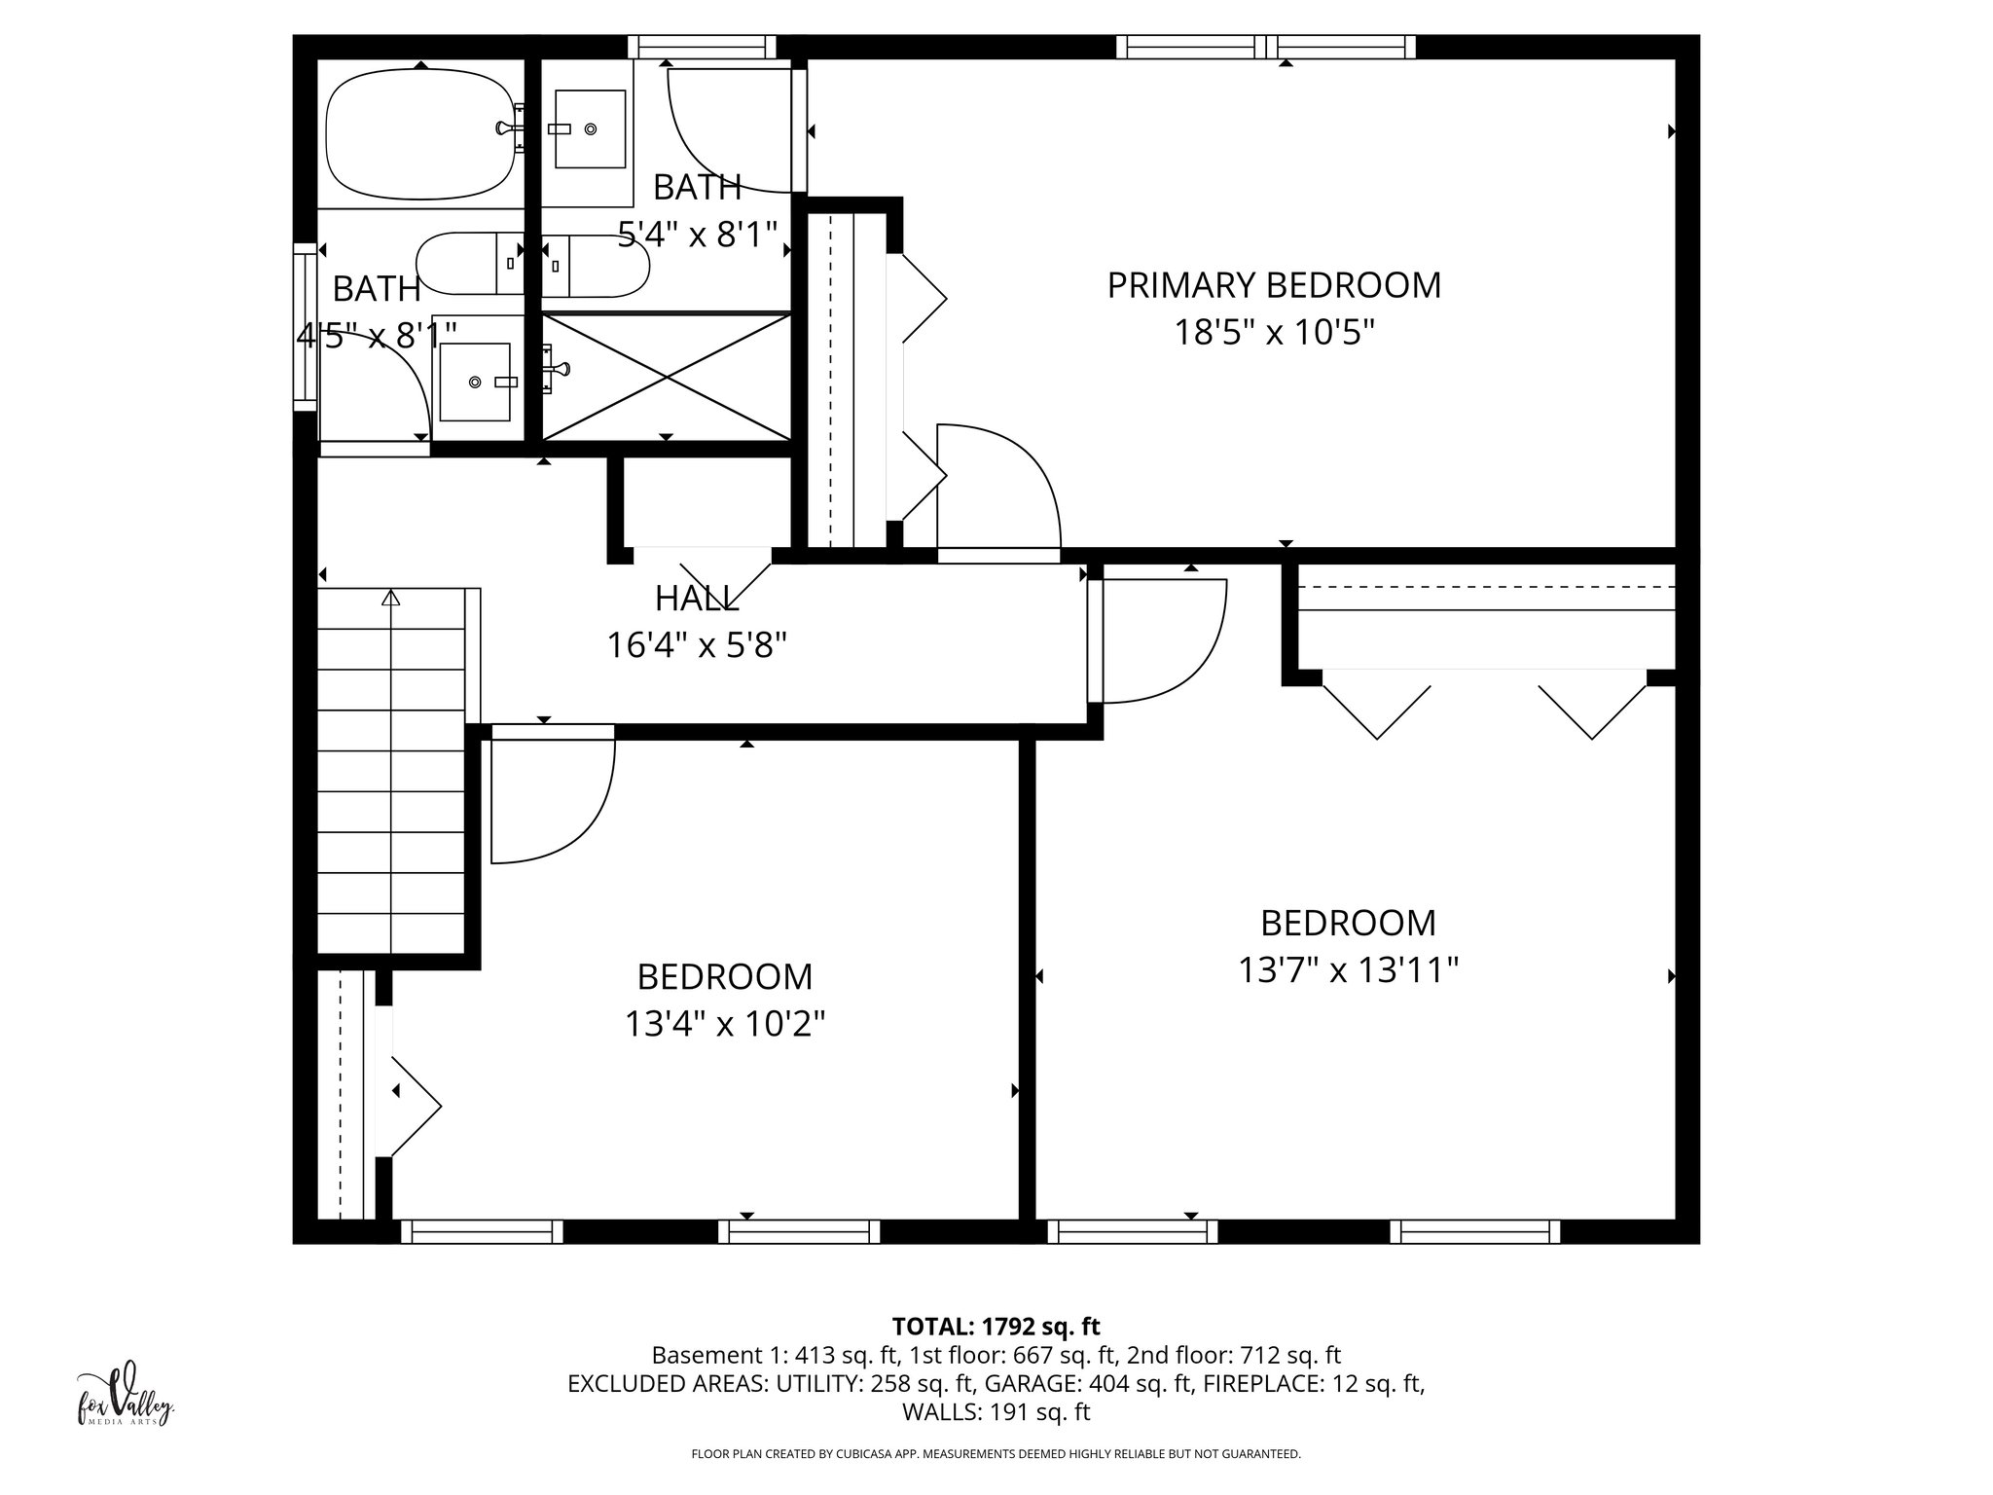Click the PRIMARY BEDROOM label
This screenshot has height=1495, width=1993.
click(1274, 285)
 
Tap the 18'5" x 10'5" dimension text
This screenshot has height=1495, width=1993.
click(1274, 333)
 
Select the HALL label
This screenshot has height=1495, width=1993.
click(697, 598)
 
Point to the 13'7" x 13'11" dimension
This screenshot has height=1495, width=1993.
click(1348, 970)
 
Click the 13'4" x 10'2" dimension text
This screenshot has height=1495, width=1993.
click(725, 1023)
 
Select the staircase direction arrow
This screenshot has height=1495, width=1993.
click(391, 598)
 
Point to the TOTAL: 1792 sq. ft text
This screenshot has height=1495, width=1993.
click(996, 1326)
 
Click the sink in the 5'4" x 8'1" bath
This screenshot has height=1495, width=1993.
click(589, 128)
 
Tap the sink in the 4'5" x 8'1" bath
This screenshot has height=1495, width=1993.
click(475, 382)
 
